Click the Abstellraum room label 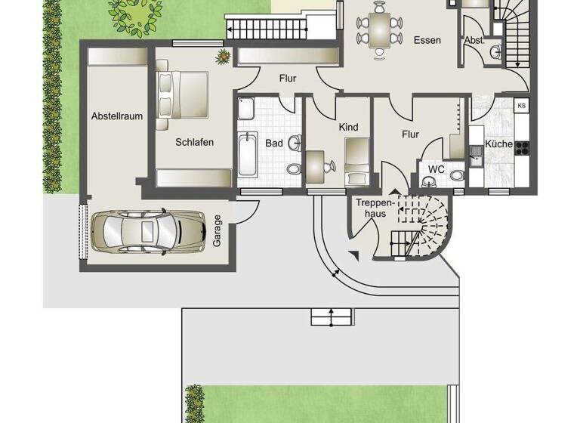(117, 116)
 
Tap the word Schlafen (195, 142)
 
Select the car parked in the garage (147, 230)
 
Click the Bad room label (273, 142)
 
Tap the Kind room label (348, 127)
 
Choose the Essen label (427, 40)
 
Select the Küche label (499, 144)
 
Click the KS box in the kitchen (521, 106)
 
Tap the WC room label (437, 168)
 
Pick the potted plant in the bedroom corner (224, 56)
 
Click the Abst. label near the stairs (474, 40)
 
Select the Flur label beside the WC (410, 134)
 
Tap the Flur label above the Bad (287, 78)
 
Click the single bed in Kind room (356, 160)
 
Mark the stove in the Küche (521, 144)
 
